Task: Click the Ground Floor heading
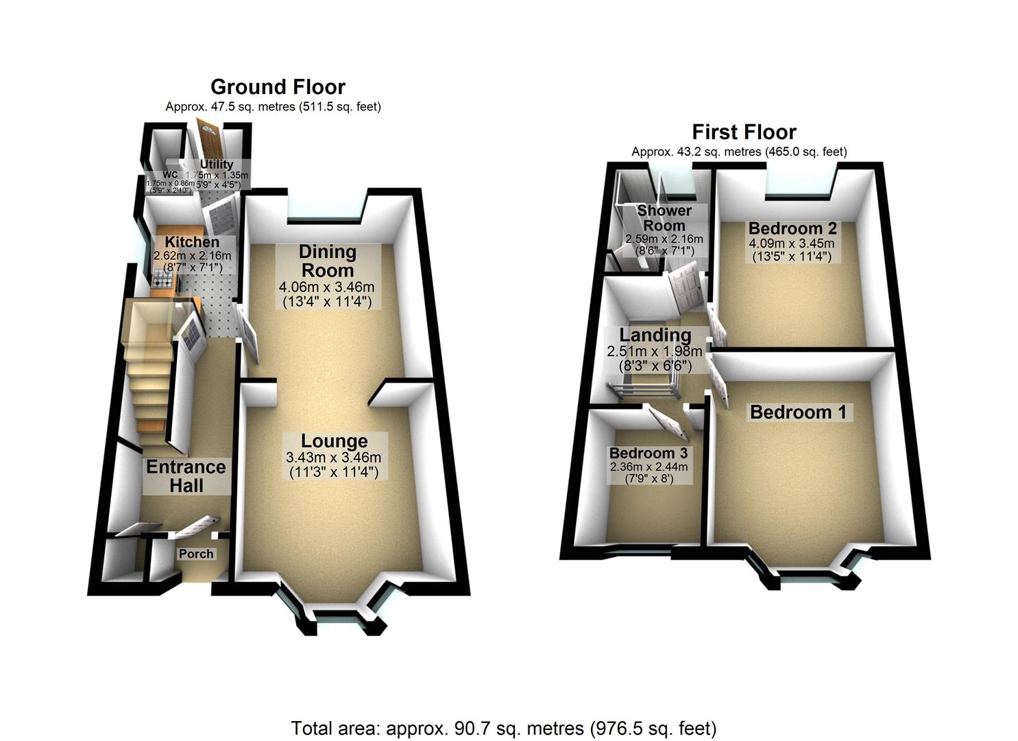[x=278, y=87]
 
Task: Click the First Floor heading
[x=743, y=132]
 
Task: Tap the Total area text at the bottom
[x=503, y=728]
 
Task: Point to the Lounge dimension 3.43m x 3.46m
[x=334, y=458]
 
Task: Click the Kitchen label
[x=192, y=242]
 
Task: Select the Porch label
[x=196, y=554]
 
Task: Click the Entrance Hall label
[x=186, y=476]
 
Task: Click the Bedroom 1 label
[x=798, y=412]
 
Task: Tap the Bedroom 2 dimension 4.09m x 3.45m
[x=792, y=244]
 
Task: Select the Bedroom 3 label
[x=648, y=454]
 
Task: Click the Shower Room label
[x=664, y=217]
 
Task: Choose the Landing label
[x=655, y=335]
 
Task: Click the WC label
[x=170, y=175]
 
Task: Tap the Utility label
[x=217, y=165]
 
